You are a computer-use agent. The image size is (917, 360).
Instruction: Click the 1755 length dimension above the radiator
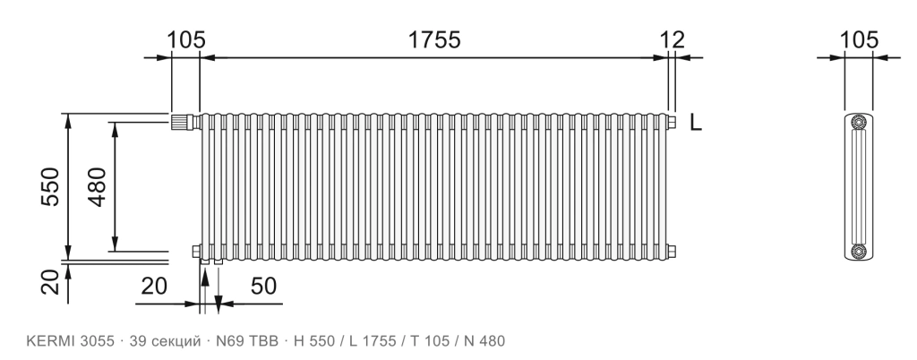pos(434,39)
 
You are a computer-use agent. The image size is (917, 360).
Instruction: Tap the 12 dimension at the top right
pos(672,39)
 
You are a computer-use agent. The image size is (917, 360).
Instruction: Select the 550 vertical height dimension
pos(51,186)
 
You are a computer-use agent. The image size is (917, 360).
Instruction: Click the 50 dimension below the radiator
pos(264,287)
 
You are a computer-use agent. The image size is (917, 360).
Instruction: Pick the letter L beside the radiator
pos(695,123)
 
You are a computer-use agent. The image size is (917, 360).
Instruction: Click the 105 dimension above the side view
pos(859,39)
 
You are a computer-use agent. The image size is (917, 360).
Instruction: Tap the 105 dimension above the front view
pos(186,39)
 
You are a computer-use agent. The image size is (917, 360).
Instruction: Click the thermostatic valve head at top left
pos(181,122)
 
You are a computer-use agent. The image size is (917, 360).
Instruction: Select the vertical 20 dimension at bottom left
pos(51,282)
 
